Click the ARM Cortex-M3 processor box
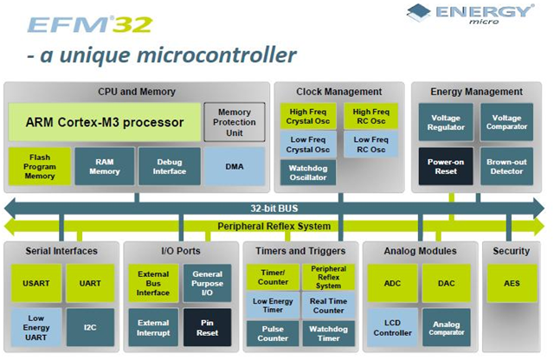coord(103,122)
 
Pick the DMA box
coord(234,165)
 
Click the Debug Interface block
coord(168,165)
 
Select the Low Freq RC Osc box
coord(370,145)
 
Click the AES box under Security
coord(511,283)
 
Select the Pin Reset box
coord(207,326)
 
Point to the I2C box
coord(90,326)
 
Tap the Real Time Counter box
coord(329,305)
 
